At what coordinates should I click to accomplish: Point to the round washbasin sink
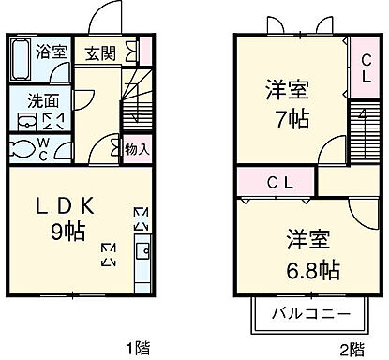24,120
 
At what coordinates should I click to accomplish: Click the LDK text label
66,203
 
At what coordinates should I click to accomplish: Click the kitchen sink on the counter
142,251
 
